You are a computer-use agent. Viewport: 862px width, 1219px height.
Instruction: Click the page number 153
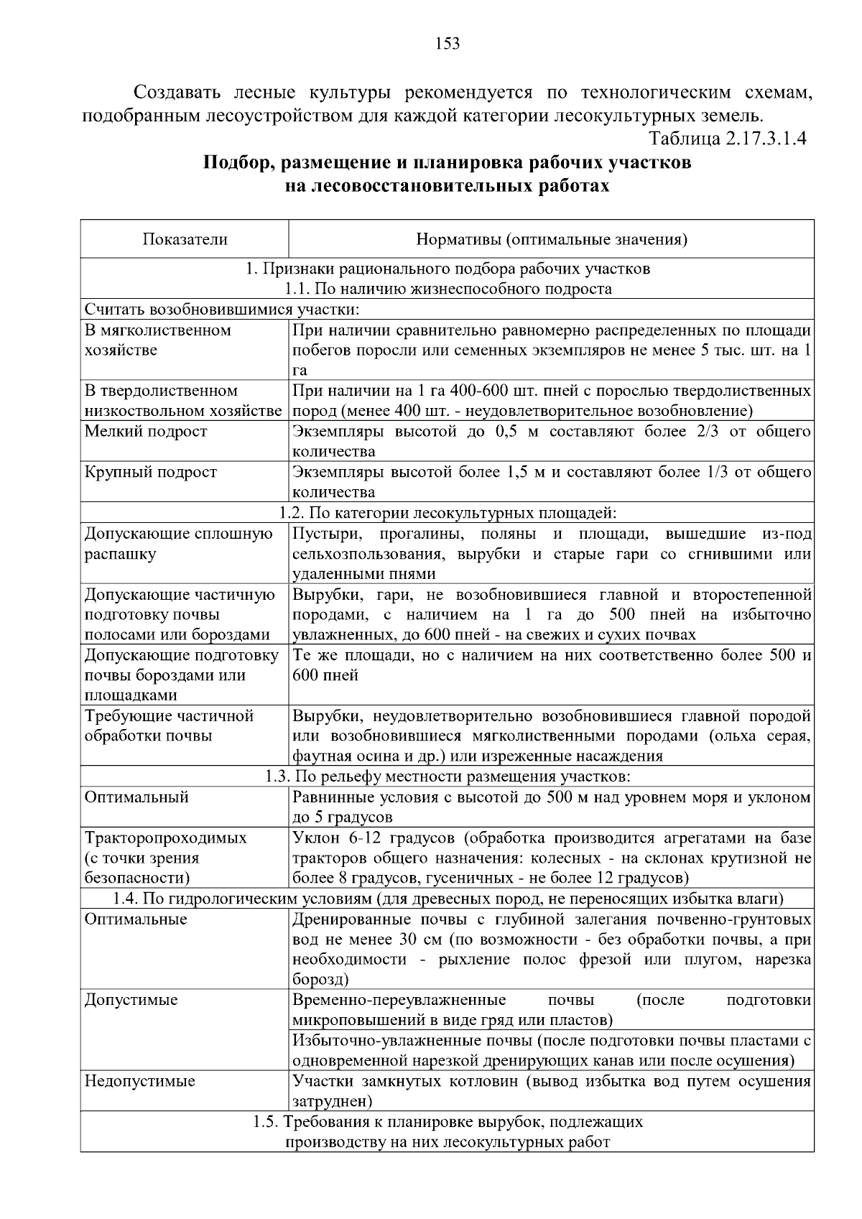(x=448, y=44)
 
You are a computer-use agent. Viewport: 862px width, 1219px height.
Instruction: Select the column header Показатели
(x=185, y=239)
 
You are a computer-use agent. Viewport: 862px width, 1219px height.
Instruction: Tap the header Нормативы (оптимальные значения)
(x=552, y=239)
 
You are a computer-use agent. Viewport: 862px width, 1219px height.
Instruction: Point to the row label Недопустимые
(x=140, y=1081)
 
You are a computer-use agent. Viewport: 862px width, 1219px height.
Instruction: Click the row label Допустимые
(x=131, y=1000)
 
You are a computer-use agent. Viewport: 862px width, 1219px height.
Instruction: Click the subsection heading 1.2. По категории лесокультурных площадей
(x=448, y=513)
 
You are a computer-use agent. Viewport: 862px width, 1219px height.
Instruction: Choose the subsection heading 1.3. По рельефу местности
(x=448, y=777)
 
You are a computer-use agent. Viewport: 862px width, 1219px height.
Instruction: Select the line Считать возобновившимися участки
(x=221, y=310)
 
